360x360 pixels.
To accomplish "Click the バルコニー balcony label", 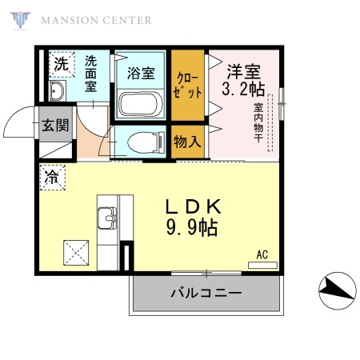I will coord(206,294).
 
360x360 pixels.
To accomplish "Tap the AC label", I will coord(262,256).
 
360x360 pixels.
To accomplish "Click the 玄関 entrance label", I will coord(56,126).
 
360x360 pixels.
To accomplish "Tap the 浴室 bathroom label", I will coord(141,72).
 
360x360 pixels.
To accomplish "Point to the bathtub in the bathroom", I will coord(140,103).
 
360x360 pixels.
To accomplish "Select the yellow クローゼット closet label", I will coord(189,83).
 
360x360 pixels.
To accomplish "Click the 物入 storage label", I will coord(187,142).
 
